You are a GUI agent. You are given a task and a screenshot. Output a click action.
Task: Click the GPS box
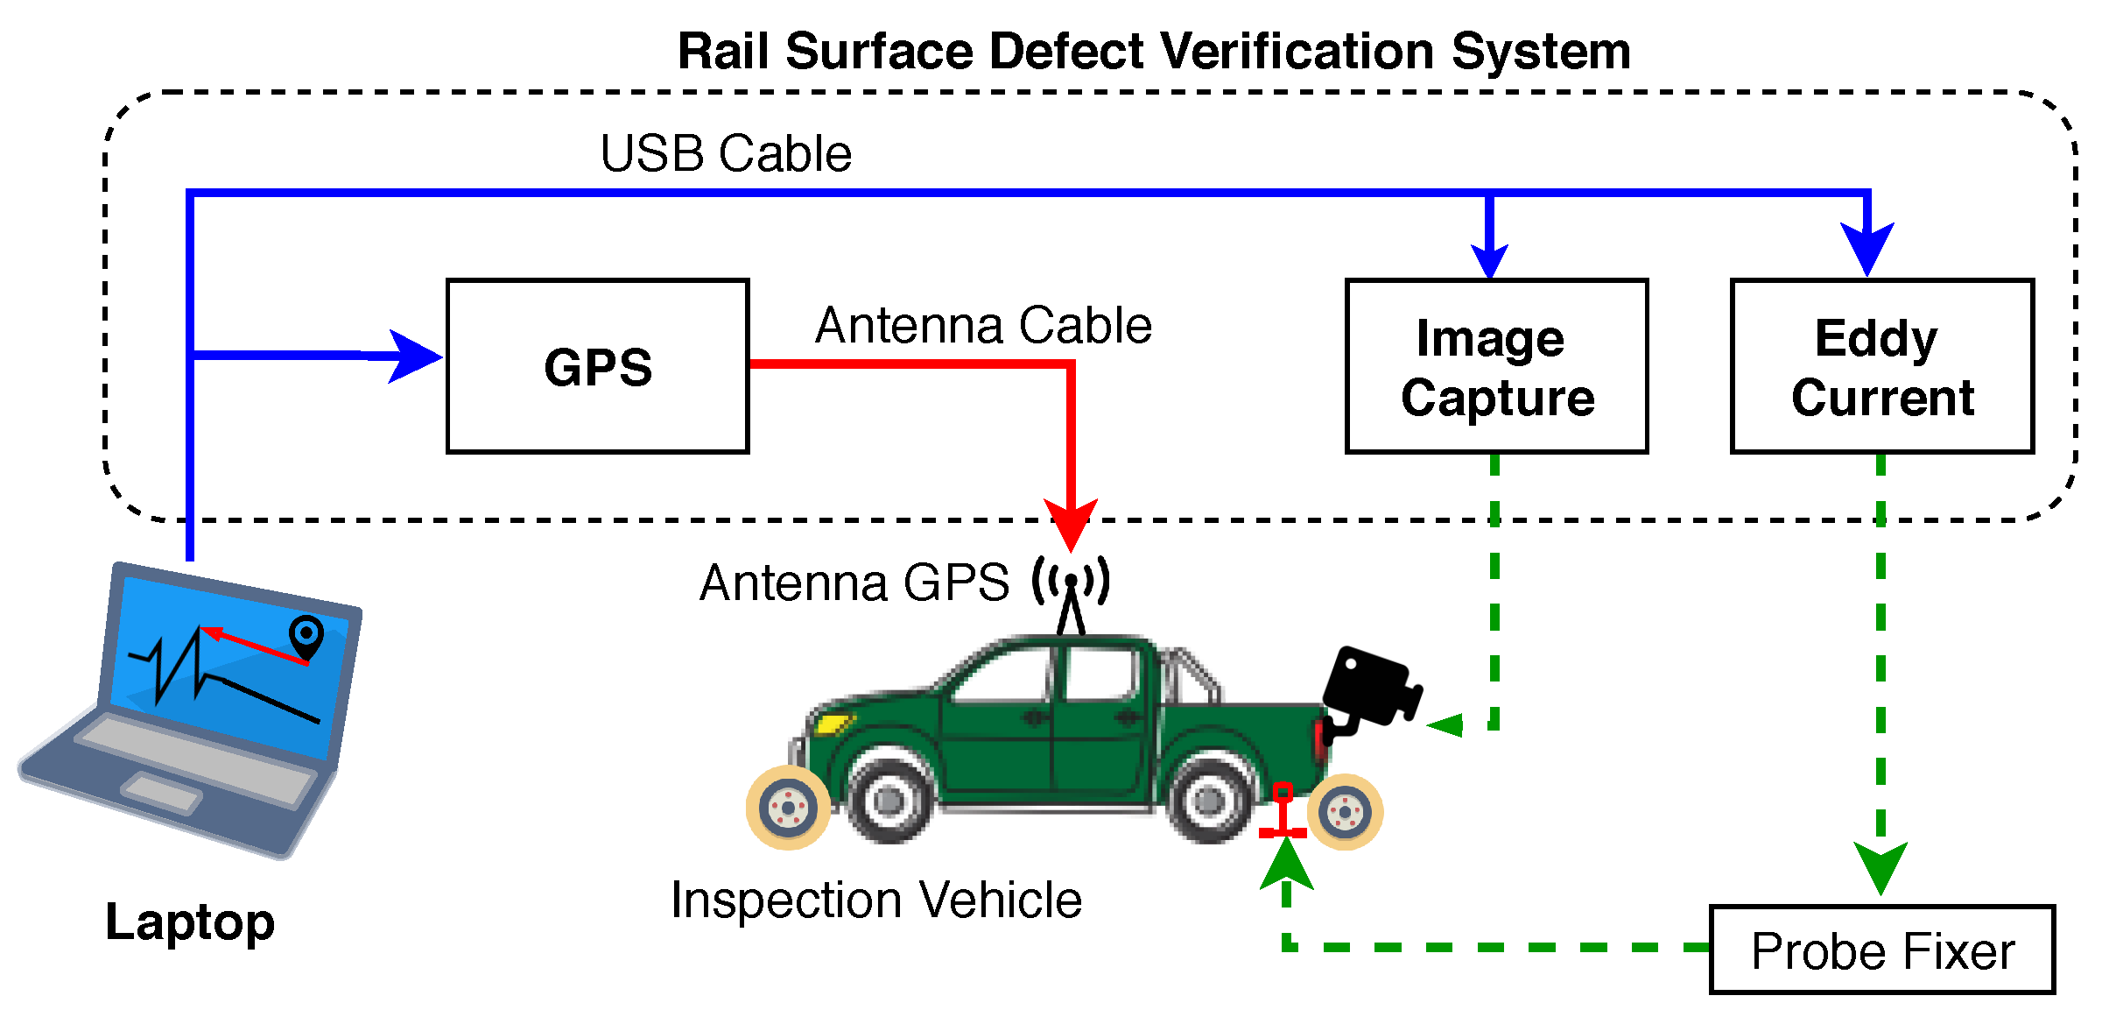point(597,366)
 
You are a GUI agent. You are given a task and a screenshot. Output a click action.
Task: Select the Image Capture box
point(1496,366)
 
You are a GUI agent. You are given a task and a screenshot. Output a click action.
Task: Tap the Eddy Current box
point(1881,366)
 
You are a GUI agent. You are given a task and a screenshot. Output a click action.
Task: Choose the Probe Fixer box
point(1881,950)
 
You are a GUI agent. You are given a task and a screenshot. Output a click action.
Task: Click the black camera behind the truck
point(1370,688)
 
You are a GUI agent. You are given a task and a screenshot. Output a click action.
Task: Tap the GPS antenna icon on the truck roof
point(1071,592)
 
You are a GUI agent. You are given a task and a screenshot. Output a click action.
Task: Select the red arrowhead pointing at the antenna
point(1071,524)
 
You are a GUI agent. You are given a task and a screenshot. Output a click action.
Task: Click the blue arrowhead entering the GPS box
point(413,356)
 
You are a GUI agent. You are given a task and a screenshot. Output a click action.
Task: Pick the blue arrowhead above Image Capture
point(1489,261)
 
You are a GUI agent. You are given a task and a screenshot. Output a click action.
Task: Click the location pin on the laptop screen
point(306,636)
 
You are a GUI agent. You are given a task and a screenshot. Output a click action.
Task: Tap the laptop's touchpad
point(162,793)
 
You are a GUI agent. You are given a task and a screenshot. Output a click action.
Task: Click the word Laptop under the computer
point(190,922)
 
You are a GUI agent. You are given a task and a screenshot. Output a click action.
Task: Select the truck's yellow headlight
point(833,724)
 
